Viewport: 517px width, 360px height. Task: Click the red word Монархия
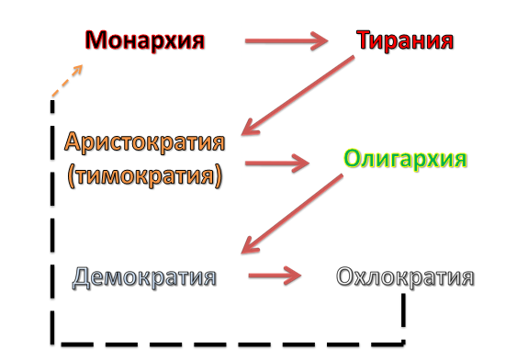145,40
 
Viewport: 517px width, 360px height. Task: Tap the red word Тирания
405,40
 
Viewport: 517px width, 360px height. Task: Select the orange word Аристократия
145,142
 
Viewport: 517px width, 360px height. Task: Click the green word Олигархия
406,160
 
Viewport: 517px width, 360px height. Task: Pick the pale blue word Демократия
144,277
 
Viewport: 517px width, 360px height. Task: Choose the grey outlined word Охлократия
405,277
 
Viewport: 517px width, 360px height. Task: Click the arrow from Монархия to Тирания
287,41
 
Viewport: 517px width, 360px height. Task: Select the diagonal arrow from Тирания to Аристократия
298,96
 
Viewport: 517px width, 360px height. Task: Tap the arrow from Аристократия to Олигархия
277,163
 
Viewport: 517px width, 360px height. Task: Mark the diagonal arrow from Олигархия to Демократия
292,214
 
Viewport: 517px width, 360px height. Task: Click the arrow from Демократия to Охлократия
275,276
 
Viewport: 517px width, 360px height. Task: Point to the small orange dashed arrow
67,81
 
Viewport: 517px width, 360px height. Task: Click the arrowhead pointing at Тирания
320,41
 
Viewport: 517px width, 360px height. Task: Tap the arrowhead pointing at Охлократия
294,276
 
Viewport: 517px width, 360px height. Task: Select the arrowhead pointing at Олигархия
300,163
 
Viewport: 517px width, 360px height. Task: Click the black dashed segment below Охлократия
403,309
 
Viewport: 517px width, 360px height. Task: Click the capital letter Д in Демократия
82,278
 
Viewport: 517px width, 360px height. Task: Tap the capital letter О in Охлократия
344,277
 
